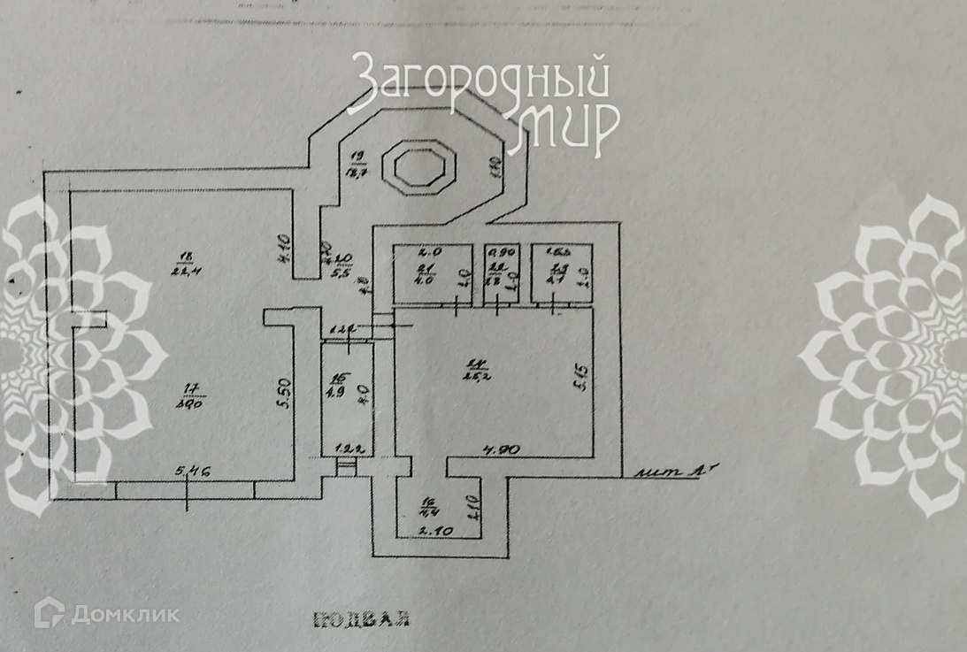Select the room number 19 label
tap(358, 158)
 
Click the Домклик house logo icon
tap(51, 611)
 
